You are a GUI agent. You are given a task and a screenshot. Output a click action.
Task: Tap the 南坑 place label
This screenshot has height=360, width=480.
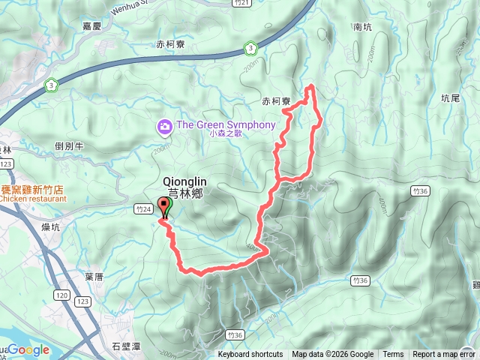point(361,27)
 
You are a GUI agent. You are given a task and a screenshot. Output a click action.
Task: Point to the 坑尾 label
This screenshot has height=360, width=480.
point(450,97)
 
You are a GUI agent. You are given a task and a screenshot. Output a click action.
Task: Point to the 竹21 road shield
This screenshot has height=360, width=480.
point(241,4)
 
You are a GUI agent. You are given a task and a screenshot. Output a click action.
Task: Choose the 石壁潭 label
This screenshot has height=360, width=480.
point(125,346)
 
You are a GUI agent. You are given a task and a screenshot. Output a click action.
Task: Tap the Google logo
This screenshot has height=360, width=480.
point(28,349)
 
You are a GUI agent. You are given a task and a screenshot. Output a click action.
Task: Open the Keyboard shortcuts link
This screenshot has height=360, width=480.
point(250,355)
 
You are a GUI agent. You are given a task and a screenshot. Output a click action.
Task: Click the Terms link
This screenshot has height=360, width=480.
point(393,355)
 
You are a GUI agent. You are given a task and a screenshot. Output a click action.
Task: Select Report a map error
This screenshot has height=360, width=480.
point(444,355)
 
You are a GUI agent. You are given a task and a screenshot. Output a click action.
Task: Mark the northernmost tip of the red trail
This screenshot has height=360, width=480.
point(310,87)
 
